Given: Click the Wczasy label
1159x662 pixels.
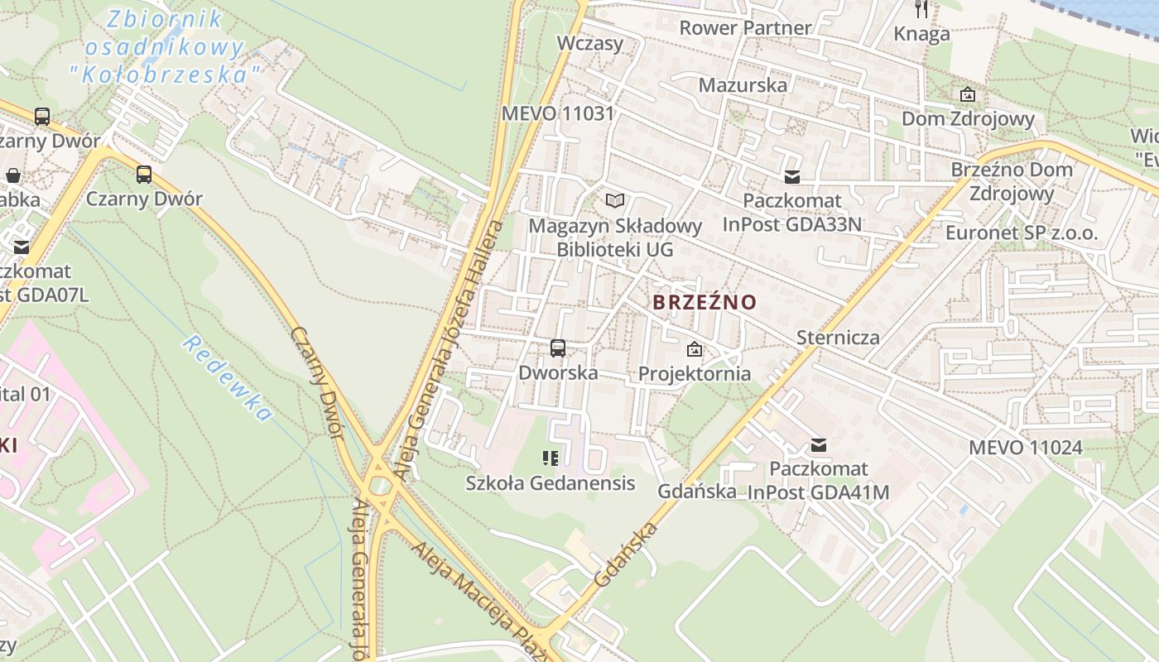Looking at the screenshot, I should tap(590, 43).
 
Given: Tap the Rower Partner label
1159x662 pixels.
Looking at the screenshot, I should tap(745, 28).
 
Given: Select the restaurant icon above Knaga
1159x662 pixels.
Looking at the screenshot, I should tap(921, 9).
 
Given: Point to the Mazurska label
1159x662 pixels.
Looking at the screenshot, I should tap(743, 85).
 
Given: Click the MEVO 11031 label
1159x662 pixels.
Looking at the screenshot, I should tap(558, 113).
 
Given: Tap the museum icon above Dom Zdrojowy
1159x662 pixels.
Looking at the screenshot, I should tap(967, 95).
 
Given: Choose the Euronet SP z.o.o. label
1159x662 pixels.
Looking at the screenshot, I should tap(1022, 233).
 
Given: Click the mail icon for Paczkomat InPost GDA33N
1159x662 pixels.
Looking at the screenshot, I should tap(792, 176).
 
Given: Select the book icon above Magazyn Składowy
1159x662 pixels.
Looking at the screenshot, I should tap(614, 200).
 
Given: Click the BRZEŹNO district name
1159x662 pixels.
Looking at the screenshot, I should tap(705, 302).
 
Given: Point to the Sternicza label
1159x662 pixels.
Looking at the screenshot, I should tap(838, 338).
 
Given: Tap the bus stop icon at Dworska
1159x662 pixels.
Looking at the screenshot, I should tap(558, 348).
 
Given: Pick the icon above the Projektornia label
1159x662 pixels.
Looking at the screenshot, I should tap(694, 350).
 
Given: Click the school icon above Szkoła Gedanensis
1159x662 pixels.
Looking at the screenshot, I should tap(551, 458).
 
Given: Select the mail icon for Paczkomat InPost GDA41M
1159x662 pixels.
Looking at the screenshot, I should tap(819, 445).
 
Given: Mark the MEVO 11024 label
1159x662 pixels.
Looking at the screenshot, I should tap(1025, 448).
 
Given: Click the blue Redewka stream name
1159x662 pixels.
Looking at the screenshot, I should tap(228, 378).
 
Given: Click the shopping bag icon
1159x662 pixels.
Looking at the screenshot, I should tap(13, 175).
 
